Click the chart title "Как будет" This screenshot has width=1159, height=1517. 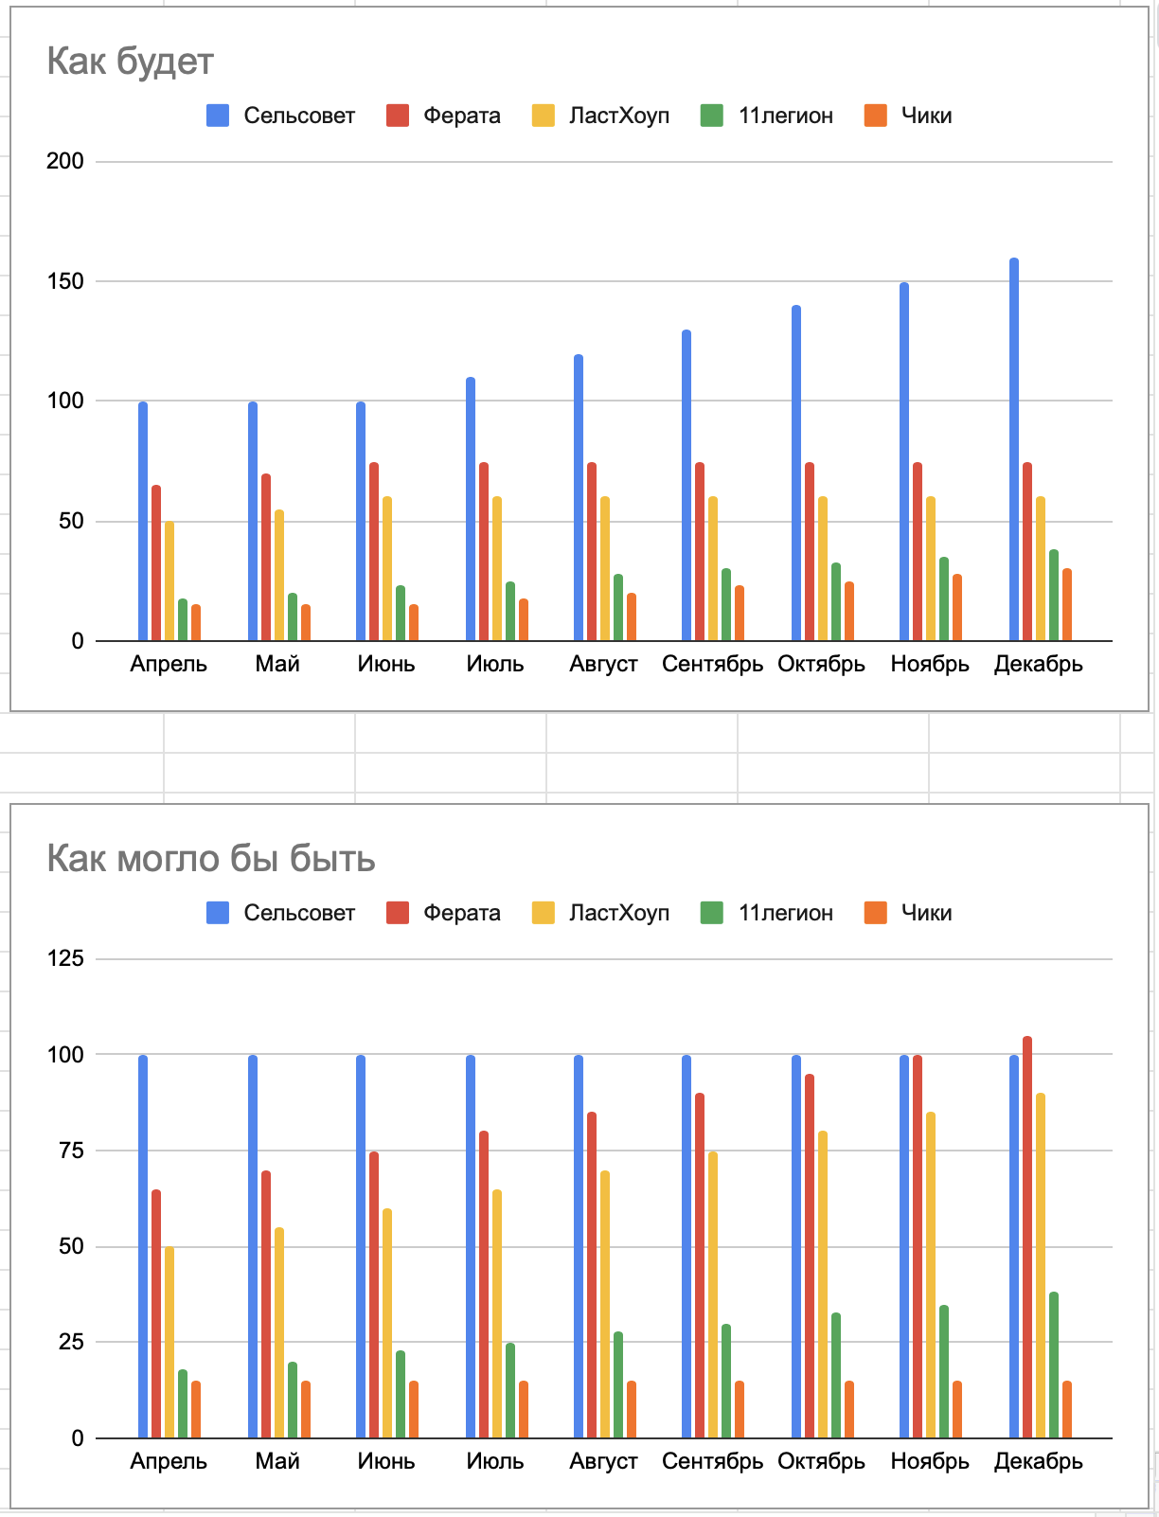pos(130,62)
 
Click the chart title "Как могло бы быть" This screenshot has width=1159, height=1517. pos(210,859)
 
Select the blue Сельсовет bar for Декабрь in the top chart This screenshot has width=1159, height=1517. pos(1014,450)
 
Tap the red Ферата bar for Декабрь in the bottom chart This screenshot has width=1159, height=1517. pos(1027,1237)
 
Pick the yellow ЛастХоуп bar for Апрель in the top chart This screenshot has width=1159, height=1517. pos(169,581)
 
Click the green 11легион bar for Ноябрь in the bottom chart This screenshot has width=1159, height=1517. pos(944,1371)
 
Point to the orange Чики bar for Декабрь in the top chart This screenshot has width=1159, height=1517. pos(1067,605)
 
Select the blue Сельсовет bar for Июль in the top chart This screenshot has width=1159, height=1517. pos(471,509)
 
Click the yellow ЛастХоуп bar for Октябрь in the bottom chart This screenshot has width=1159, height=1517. pos(823,1284)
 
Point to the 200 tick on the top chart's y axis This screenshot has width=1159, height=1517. pos(65,161)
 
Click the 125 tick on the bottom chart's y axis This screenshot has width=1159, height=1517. pos(65,958)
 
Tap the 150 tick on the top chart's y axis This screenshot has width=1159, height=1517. pos(65,281)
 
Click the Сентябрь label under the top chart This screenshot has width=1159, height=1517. pos(712,664)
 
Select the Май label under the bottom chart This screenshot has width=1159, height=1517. pos(277,1461)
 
